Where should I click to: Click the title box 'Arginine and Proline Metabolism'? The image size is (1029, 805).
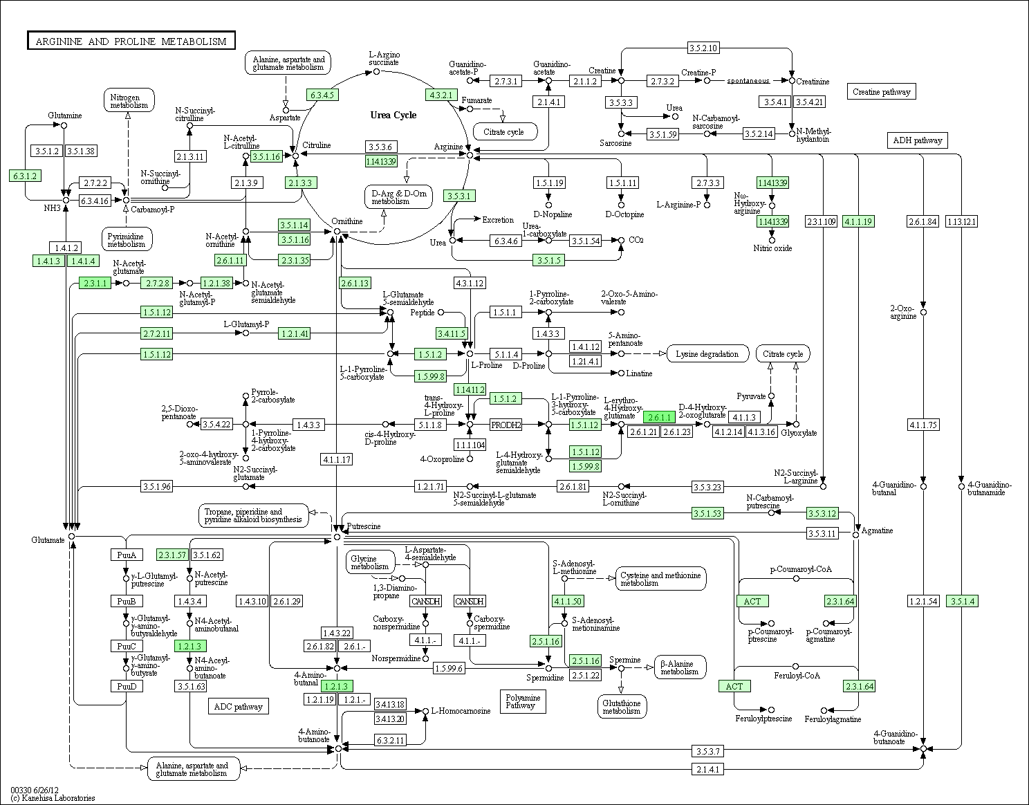coord(131,41)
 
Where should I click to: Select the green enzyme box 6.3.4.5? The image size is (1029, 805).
coord(322,95)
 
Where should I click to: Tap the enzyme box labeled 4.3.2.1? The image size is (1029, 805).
coord(441,95)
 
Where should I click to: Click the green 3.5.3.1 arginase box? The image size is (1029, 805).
coord(459,196)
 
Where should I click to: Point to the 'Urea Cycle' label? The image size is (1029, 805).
coord(393,115)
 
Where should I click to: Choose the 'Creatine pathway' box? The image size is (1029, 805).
coord(881,92)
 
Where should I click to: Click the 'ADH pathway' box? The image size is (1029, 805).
coord(917,140)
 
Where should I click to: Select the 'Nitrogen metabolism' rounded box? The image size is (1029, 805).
coord(129,100)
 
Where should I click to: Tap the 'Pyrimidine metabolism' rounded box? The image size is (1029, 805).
coord(127,239)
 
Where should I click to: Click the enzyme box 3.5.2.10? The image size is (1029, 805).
coord(703,48)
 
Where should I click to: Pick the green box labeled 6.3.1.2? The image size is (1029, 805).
coord(25,176)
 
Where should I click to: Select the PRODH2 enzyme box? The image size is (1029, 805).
coord(506,425)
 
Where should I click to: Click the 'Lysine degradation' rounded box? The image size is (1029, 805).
coord(707,353)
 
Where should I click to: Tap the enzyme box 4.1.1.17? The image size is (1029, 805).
coord(337,459)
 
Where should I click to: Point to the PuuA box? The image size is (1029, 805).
coord(127,555)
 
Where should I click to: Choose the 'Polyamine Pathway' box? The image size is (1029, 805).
coord(522,701)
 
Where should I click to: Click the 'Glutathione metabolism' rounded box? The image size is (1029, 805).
coord(622,707)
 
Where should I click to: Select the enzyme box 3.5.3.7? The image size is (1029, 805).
coord(707,751)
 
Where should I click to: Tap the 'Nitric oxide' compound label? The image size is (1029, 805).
coord(772,248)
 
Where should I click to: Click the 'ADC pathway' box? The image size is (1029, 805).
coord(238,707)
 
